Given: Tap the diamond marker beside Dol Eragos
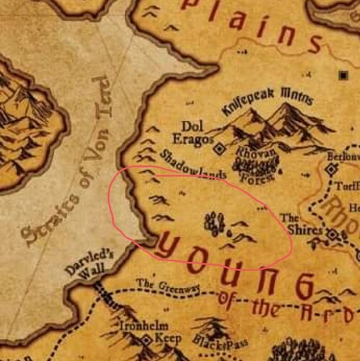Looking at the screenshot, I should click(x=219, y=148).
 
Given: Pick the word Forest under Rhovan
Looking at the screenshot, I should click(x=254, y=175).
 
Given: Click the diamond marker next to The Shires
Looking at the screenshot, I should click(x=333, y=235).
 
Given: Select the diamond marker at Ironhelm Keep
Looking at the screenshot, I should click(x=146, y=339).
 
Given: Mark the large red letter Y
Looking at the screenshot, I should click(x=172, y=248).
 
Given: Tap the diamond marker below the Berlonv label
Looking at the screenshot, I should click(x=331, y=169).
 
